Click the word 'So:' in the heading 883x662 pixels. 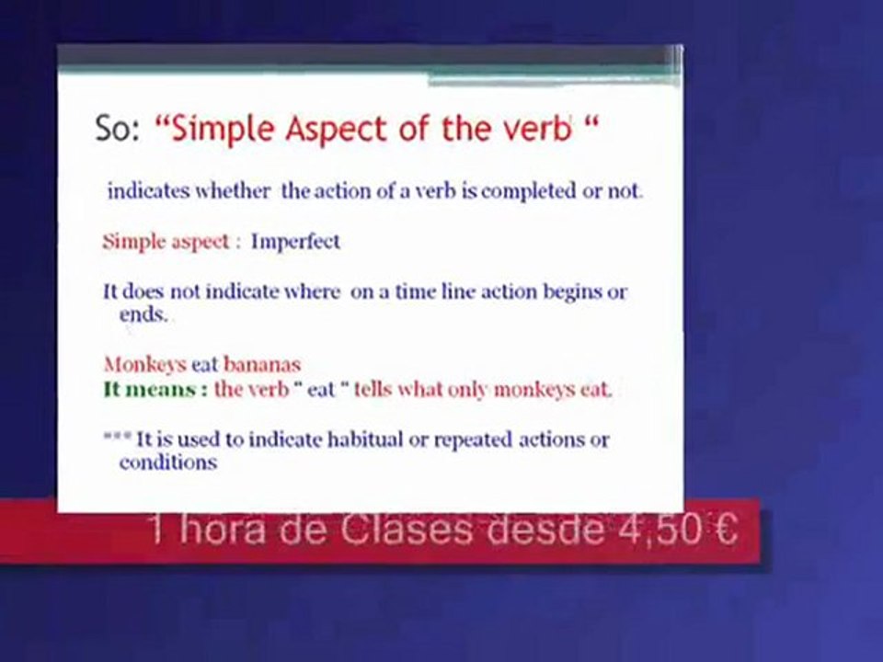tap(117, 130)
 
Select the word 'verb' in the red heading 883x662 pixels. tap(540, 130)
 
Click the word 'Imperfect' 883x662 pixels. tap(295, 242)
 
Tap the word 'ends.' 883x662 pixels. tap(144, 314)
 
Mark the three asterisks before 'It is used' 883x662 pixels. tap(116, 438)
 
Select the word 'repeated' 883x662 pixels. tap(470, 439)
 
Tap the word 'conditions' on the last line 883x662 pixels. tap(167, 462)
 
